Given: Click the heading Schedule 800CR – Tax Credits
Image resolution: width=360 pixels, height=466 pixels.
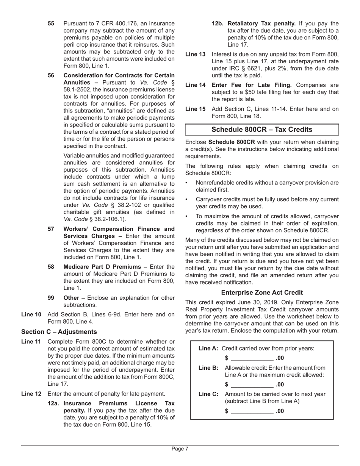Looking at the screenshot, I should click(x=261, y=130).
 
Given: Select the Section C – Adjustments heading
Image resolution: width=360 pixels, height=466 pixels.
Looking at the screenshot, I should click(x=59, y=332).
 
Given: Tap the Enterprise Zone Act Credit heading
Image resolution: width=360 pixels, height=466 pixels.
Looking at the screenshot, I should click(x=262, y=292).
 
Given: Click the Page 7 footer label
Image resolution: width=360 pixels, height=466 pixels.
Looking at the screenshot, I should click(x=180, y=449).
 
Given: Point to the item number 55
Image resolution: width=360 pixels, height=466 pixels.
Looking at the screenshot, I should click(x=51, y=23).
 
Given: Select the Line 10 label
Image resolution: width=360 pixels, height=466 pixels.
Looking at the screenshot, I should click(x=31, y=314).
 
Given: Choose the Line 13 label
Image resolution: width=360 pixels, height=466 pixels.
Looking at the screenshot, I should click(x=195, y=54).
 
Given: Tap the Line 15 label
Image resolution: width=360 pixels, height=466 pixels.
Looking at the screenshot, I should click(x=195, y=109).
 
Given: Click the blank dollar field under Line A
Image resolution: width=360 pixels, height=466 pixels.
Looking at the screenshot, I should click(x=252, y=358).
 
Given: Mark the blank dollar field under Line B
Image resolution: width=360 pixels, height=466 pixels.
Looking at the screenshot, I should click(x=252, y=385).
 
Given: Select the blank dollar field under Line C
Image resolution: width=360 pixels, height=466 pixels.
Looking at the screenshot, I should click(x=252, y=411).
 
